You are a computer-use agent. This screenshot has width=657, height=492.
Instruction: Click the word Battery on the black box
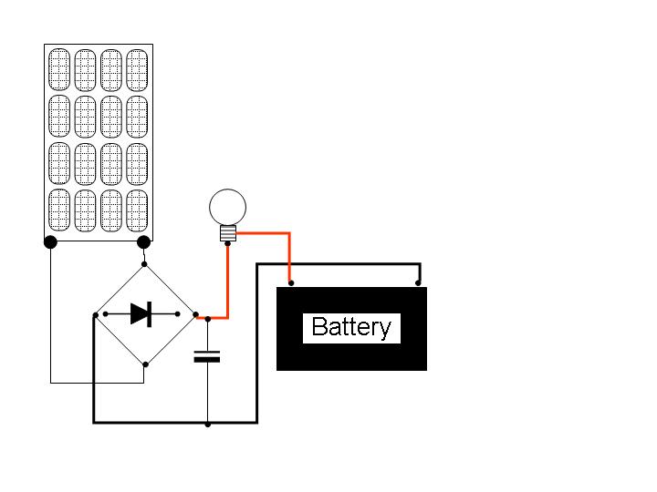(x=351, y=327)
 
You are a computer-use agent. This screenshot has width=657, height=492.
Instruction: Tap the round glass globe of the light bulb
(x=227, y=207)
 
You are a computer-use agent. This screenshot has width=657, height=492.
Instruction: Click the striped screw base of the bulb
(x=228, y=233)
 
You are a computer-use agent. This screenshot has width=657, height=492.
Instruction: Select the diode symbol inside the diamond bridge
(x=141, y=313)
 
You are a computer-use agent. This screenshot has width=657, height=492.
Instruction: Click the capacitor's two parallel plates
(x=207, y=356)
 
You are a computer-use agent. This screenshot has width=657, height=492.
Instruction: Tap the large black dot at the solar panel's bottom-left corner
(x=50, y=241)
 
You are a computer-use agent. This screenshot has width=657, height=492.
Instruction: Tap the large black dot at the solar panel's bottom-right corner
(x=144, y=241)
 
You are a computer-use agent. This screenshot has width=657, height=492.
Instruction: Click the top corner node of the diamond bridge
(x=144, y=264)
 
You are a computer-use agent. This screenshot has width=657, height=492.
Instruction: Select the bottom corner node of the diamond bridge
(x=145, y=364)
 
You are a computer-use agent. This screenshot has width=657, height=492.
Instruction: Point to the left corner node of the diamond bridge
(x=96, y=315)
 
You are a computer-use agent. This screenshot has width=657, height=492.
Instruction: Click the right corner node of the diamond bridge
(x=195, y=314)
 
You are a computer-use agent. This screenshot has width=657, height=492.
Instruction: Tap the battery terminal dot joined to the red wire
(x=291, y=283)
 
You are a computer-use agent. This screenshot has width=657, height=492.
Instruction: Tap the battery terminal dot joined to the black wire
(x=418, y=283)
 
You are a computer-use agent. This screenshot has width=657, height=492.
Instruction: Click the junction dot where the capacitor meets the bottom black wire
(x=208, y=425)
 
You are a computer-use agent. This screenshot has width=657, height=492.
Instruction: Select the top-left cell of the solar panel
(x=59, y=69)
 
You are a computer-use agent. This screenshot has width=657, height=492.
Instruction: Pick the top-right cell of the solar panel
(x=137, y=70)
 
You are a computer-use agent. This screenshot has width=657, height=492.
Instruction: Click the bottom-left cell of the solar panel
(x=59, y=210)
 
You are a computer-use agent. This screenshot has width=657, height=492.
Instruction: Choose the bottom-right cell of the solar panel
(x=137, y=210)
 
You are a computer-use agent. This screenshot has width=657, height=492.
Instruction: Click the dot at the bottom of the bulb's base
(x=227, y=243)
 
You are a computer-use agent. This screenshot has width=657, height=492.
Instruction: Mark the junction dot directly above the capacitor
(x=208, y=319)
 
